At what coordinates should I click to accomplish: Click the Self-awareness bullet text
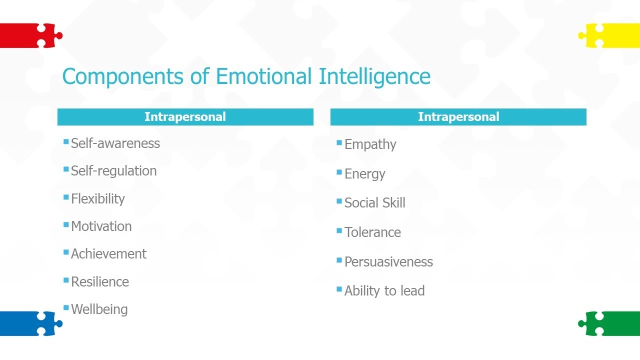tap(115, 143)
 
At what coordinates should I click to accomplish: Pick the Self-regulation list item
tap(113, 171)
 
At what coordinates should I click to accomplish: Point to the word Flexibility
tap(97, 199)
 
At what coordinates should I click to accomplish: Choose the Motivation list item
tap(101, 226)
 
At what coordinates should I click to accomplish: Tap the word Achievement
tap(108, 254)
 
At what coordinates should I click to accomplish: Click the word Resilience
tap(99, 282)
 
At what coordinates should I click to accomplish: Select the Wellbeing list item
tap(99, 309)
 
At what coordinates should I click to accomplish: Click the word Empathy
tap(370, 145)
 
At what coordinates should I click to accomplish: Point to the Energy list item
tap(364, 174)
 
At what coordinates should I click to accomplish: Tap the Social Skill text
tap(374, 203)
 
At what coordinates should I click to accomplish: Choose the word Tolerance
tap(372, 232)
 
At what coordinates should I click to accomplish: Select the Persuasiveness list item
tap(388, 262)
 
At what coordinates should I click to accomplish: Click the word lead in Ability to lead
tap(412, 291)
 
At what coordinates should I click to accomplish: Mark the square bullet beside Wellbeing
tap(66, 307)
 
